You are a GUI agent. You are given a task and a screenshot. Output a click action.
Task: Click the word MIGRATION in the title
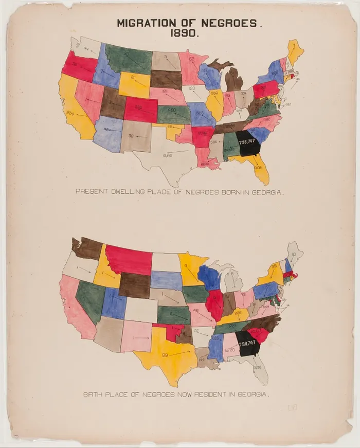(143, 23)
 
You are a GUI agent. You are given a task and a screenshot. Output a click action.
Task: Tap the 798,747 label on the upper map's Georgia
(247, 142)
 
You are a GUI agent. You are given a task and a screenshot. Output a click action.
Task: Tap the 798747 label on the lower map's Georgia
(247, 342)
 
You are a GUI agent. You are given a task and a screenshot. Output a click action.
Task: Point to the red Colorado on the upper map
(140, 109)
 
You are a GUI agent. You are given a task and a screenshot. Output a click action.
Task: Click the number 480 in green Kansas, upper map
(172, 111)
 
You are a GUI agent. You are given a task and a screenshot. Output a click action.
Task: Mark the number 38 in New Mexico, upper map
(132, 136)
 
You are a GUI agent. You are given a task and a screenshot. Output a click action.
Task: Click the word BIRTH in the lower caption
(93, 395)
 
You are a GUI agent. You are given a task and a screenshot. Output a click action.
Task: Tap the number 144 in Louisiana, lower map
(203, 359)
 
